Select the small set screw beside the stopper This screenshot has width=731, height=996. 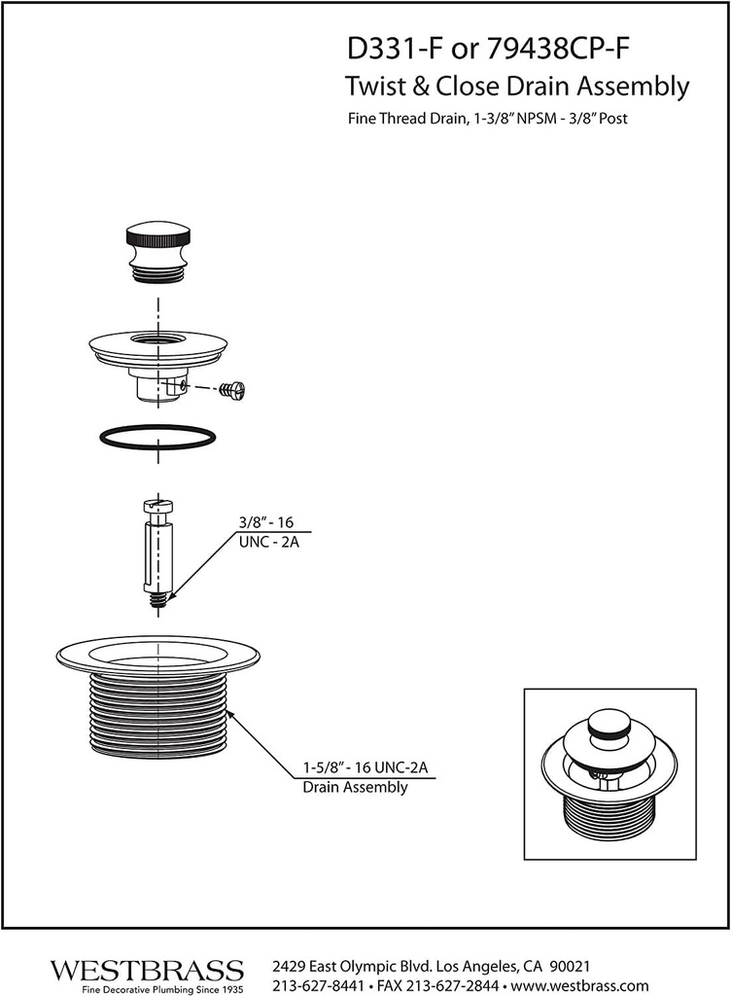click(x=233, y=390)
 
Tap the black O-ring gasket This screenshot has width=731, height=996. click(x=157, y=437)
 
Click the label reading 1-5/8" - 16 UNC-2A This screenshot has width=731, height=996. click(x=359, y=767)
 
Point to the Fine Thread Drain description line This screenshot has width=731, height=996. click(x=492, y=122)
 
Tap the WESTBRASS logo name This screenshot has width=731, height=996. click(x=147, y=970)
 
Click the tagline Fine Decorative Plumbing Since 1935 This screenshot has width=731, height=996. click(x=147, y=988)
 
